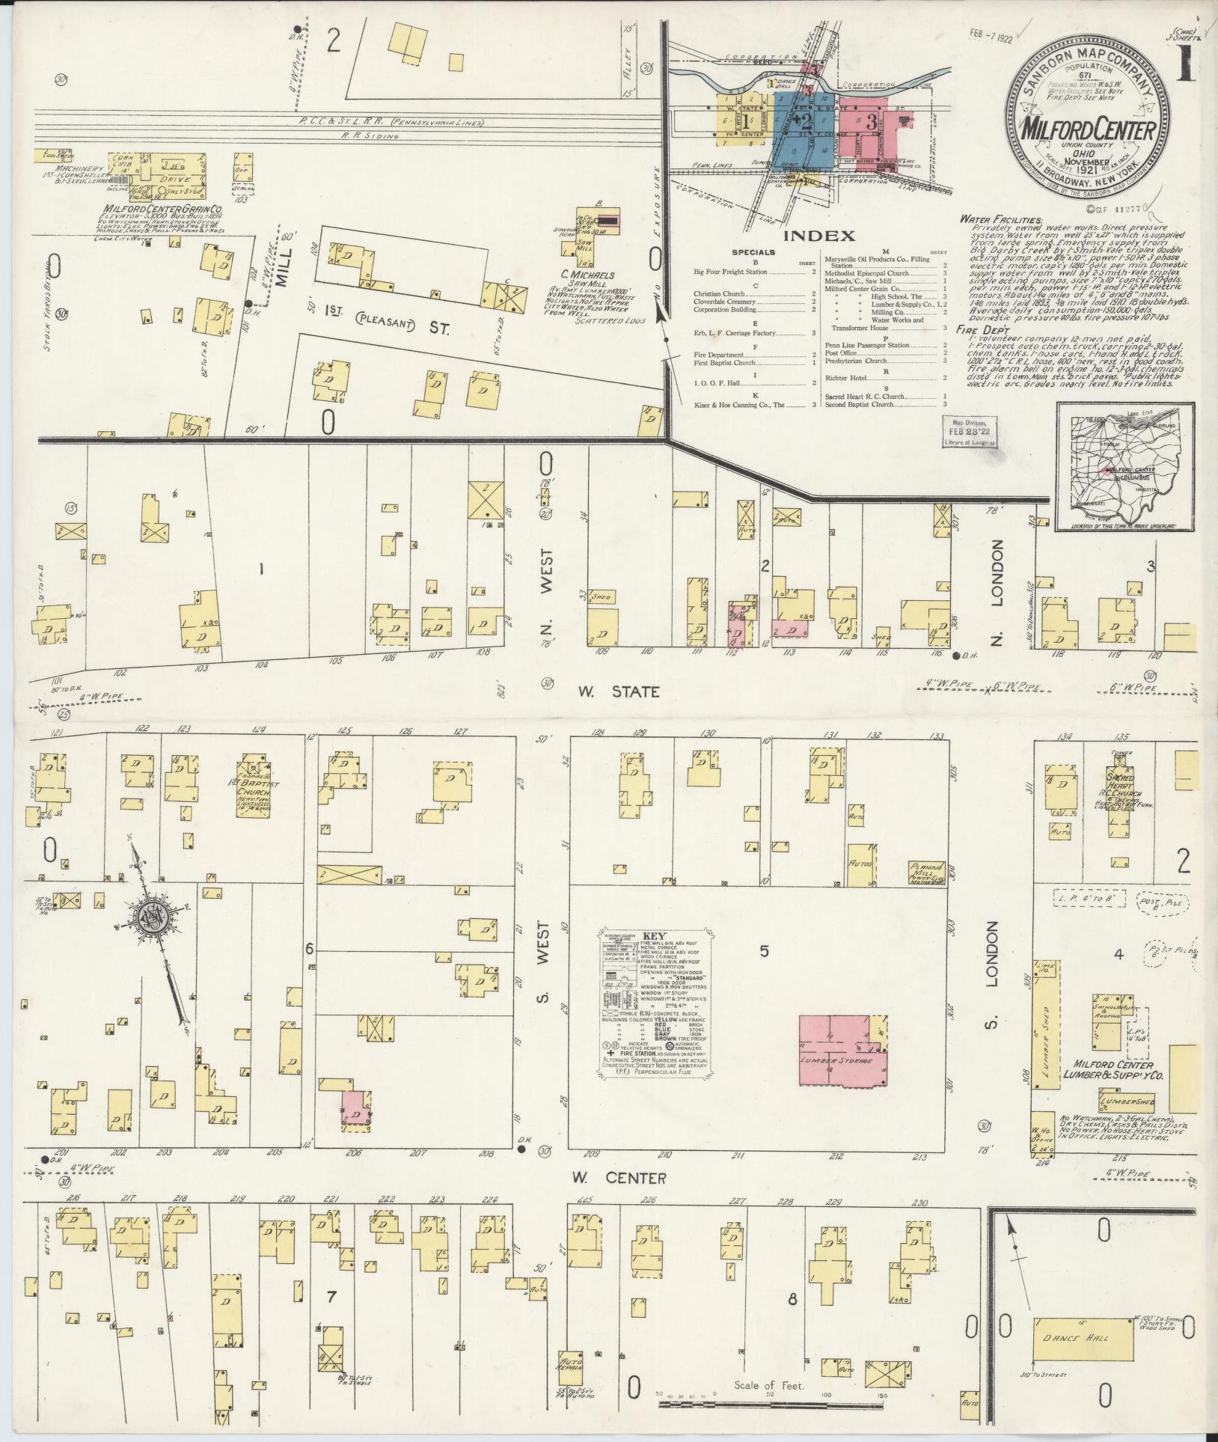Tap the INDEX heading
coord(818,236)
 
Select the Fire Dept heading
coord(982,330)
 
